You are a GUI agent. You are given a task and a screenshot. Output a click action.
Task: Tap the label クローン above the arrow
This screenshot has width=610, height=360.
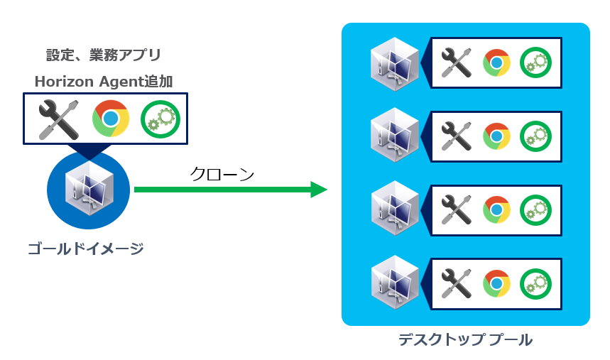click(222, 174)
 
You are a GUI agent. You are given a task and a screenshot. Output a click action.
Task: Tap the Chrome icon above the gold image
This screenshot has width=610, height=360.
click(110, 119)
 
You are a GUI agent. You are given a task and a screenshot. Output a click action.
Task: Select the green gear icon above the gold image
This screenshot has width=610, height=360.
click(160, 119)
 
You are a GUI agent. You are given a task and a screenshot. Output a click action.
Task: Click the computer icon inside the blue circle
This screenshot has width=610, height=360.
click(88, 187)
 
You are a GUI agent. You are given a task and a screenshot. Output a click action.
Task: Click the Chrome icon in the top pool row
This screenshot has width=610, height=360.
click(496, 63)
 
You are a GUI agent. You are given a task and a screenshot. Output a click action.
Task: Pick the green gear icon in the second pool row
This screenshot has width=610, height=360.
click(535, 136)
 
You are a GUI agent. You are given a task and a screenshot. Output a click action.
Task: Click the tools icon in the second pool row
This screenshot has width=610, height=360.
click(457, 136)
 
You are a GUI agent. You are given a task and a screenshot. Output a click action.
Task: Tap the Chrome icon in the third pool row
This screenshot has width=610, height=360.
click(496, 209)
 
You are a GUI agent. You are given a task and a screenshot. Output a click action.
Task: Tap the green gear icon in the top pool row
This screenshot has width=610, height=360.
click(535, 63)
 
